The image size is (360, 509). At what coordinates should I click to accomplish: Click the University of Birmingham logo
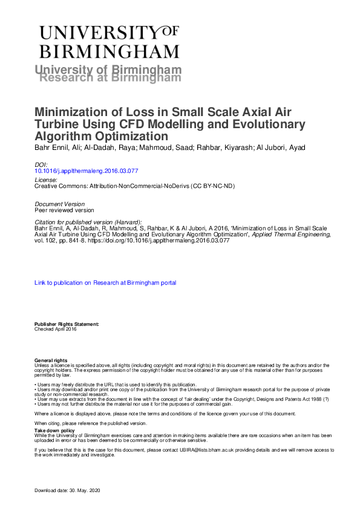pos(109,41)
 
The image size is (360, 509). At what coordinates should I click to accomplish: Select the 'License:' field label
pos(46,180)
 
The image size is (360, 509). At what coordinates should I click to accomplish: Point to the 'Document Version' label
pos(59,203)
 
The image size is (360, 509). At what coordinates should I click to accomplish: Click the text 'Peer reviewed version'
pos(64,210)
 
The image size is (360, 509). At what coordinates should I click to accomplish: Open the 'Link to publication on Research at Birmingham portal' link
pos(105,282)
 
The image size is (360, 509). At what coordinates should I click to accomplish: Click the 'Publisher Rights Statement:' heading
pos(62,324)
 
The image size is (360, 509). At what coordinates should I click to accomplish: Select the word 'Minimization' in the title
pos(71,112)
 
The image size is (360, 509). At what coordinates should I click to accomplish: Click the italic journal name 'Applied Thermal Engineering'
pos(295,234)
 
